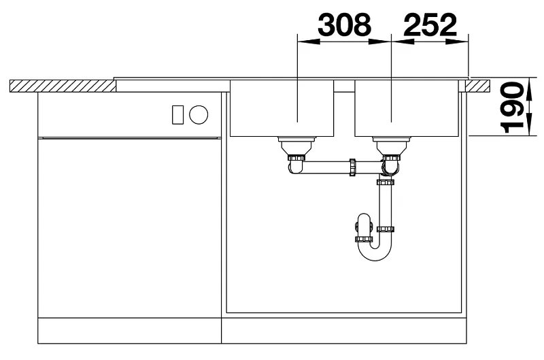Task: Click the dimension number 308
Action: pos(345,24)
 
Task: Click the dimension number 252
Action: pos(430,24)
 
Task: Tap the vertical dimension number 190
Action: pos(512,108)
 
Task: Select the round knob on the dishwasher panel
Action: pos(199,114)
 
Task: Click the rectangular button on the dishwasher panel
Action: pos(178,114)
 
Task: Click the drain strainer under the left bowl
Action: pos(296,146)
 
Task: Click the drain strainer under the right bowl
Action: pos(392,146)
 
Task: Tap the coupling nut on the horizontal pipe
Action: pos(353,167)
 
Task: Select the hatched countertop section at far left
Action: pos(63,86)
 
